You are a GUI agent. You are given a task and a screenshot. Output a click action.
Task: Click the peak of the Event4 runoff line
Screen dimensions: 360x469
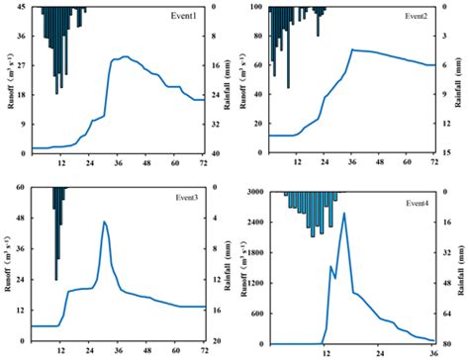(344, 213)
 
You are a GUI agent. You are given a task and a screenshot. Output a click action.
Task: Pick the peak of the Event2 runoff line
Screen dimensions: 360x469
(352, 49)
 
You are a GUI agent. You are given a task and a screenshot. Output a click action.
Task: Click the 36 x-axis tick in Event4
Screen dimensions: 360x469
(432, 351)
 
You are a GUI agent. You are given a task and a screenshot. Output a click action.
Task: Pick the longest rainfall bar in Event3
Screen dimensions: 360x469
(57, 233)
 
